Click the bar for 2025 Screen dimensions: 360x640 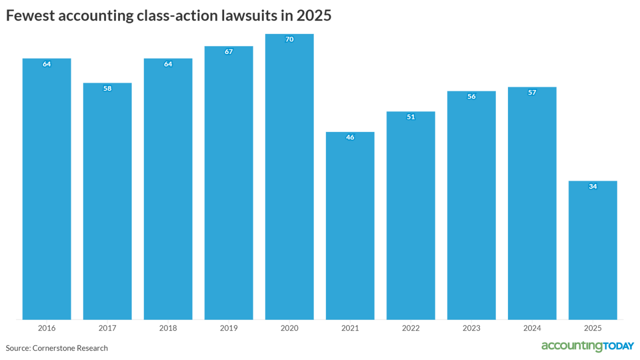point(592,250)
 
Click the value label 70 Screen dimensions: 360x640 point(289,39)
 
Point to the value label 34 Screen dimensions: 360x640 point(592,186)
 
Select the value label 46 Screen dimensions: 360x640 point(350,137)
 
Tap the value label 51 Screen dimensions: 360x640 point(410,117)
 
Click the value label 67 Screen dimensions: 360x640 point(228,51)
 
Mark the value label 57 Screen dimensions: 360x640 point(532,92)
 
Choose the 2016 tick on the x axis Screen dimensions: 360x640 point(46,328)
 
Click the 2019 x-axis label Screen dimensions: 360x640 point(228,328)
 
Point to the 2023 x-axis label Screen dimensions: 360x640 point(471,328)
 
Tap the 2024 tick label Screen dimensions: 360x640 point(532,328)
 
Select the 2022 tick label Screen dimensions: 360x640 point(410,328)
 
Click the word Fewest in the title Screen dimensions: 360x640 point(29,15)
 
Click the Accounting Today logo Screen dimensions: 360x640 point(587,346)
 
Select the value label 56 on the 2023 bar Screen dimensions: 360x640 point(471,96)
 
